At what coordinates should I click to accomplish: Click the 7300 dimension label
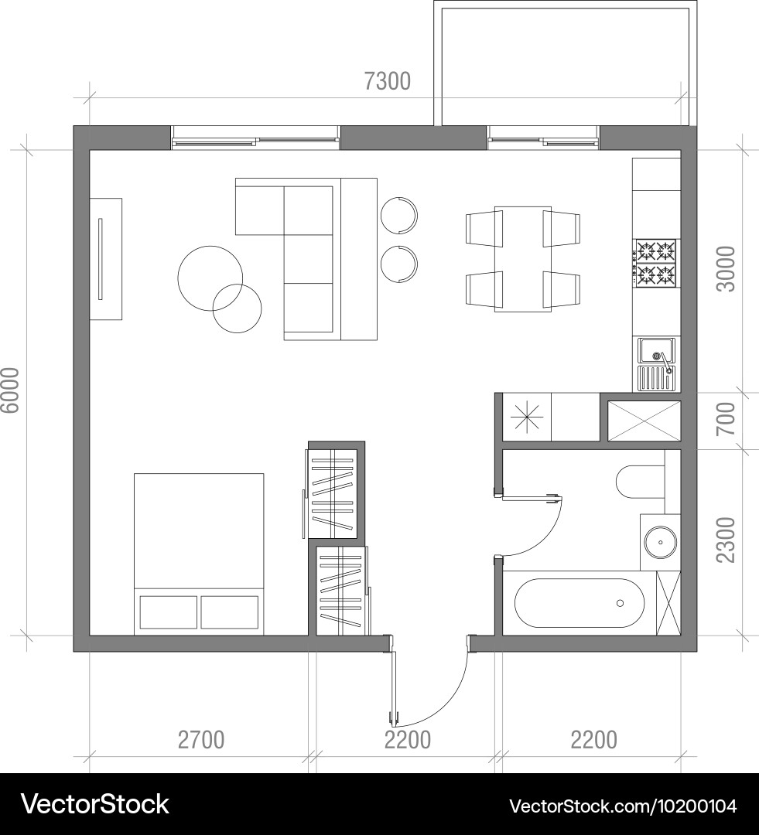click(x=388, y=81)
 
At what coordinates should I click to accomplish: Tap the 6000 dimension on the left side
click(x=10, y=390)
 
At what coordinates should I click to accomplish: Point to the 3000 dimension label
click(x=726, y=269)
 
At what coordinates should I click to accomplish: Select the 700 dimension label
click(x=726, y=418)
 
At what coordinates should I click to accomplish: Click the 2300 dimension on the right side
click(x=726, y=540)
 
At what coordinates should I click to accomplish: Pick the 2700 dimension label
click(x=201, y=740)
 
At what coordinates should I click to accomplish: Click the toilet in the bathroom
click(x=640, y=482)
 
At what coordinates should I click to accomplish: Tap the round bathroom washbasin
click(x=661, y=543)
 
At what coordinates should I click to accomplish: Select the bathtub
click(x=580, y=603)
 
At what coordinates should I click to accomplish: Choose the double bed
click(x=199, y=554)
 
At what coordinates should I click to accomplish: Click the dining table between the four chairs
click(x=523, y=259)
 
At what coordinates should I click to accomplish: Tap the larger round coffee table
click(x=210, y=278)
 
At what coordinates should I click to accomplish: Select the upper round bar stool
click(x=399, y=216)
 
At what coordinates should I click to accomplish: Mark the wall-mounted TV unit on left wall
click(x=105, y=259)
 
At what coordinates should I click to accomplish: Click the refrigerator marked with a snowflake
click(x=527, y=417)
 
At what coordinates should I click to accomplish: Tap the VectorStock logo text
click(x=95, y=804)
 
